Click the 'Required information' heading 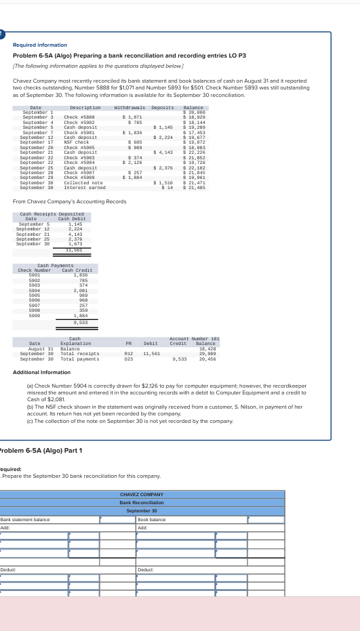[41, 45]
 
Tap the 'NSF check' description [75, 142]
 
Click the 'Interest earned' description [83, 188]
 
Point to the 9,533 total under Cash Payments [79, 322]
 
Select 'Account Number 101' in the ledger [194, 338]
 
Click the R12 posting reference [128, 353]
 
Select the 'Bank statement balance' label [25, 520]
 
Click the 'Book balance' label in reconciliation [152, 520]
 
